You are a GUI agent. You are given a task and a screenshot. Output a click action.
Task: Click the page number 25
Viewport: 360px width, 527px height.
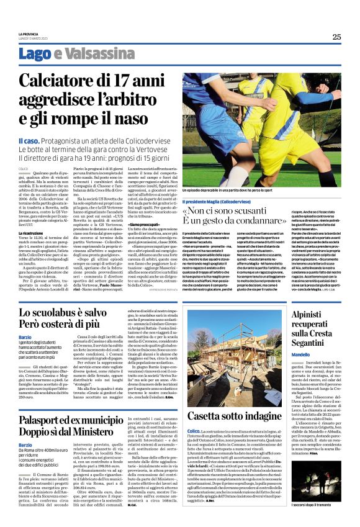(336, 37)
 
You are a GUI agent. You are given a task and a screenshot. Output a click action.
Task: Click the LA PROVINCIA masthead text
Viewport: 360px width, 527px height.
(29, 35)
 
